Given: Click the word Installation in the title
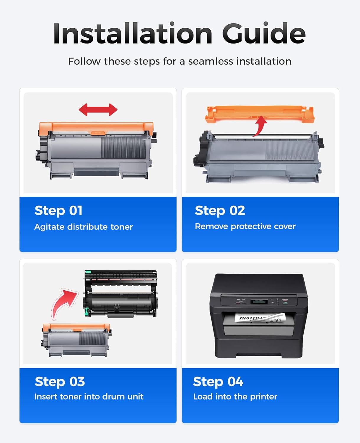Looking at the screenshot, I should [133, 34].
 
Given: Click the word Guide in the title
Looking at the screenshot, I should [263, 34].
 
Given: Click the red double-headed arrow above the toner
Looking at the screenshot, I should [98, 110].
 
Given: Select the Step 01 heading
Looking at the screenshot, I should [58, 211].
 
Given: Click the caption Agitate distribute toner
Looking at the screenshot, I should [84, 227].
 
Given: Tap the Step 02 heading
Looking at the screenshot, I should [220, 211].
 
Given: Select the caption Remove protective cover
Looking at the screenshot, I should [245, 226].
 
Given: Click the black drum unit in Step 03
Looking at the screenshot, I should [120, 294].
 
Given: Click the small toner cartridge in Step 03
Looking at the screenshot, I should [76, 340].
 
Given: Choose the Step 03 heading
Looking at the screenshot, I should [60, 382].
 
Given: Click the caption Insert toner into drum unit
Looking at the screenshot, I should [89, 396].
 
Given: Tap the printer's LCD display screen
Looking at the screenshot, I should [259, 302].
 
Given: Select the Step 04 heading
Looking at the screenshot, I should [218, 382].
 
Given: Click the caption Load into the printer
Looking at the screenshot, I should [235, 396].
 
